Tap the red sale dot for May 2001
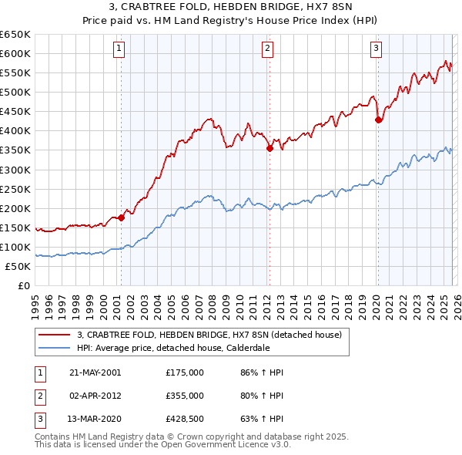(121, 218)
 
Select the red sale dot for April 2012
(269, 148)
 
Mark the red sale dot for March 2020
(378, 120)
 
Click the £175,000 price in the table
(185, 372)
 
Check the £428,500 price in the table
(185, 419)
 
